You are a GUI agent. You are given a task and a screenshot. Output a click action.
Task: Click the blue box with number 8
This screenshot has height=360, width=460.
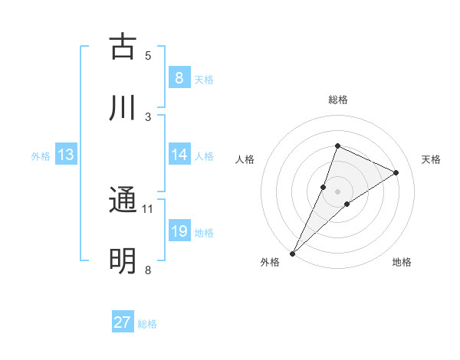[179, 77]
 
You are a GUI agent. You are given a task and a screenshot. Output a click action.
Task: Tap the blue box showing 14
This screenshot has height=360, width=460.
[179, 155]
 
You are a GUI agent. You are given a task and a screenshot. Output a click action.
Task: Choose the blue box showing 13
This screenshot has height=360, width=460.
[65, 155]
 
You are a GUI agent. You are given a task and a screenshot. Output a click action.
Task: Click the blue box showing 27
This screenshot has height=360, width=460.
[123, 322]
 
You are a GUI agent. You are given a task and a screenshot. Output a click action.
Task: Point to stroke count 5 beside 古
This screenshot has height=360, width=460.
[148, 55]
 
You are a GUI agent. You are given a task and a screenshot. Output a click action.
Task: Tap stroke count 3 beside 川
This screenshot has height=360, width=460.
[148, 116]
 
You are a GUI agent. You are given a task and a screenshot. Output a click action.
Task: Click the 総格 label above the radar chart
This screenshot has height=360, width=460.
[337, 100]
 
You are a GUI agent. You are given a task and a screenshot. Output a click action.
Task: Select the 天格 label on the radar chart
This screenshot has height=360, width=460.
[431, 159]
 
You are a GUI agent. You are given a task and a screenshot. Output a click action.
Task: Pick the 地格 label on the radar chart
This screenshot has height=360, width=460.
[402, 263]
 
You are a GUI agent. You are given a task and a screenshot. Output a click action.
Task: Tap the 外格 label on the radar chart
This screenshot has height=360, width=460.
[270, 263]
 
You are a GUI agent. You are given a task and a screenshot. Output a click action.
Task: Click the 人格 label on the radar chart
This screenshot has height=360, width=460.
[245, 159]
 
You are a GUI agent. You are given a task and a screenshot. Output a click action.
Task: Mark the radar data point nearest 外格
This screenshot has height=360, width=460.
[293, 253]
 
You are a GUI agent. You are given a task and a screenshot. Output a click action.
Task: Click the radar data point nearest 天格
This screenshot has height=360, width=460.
[396, 172]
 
